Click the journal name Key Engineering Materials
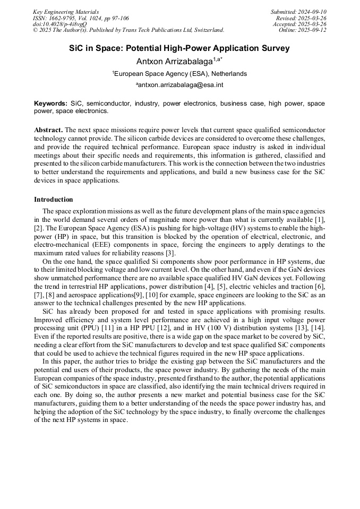tap(66, 12)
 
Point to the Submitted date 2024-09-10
tap(313, 12)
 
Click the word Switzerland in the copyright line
tap(205, 30)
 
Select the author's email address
tap(181, 85)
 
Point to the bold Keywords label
tap(50, 103)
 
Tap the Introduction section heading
tap(54, 200)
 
